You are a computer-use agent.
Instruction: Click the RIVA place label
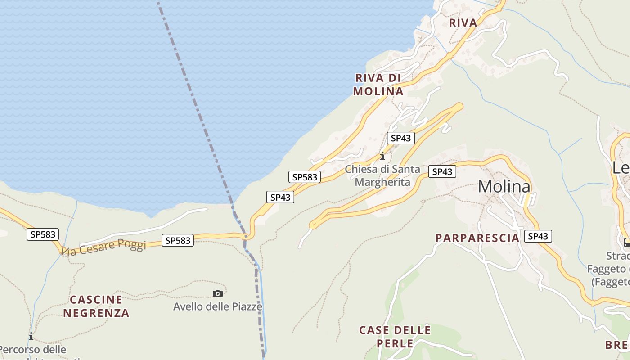(x=463, y=22)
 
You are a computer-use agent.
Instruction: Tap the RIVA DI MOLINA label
(x=378, y=85)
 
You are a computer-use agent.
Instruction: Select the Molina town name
(x=504, y=186)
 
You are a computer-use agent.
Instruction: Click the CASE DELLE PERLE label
(x=395, y=337)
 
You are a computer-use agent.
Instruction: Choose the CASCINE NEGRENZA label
(x=96, y=306)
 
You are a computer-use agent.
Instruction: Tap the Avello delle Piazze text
(x=218, y=307)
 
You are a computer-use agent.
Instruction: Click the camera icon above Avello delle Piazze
(x=218, y=294)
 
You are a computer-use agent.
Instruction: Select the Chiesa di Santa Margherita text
(x=382, y=175)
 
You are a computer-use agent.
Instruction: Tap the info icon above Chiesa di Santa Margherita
(x=382, y=156)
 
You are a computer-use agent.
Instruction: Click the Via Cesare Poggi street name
(x=104, y=247)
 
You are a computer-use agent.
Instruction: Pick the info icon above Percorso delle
(x=31, y=336)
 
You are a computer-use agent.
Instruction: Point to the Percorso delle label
(x=33, y=349)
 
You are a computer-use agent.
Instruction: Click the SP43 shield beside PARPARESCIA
(x=538, y=236)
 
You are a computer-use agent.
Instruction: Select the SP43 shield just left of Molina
(x=442, y=171)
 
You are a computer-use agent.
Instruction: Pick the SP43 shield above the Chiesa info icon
(x=400, y=138)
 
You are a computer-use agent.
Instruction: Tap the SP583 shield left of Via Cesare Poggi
(x=43, y=234)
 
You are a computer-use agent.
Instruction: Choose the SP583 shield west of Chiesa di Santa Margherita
(x=305, y=177)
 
